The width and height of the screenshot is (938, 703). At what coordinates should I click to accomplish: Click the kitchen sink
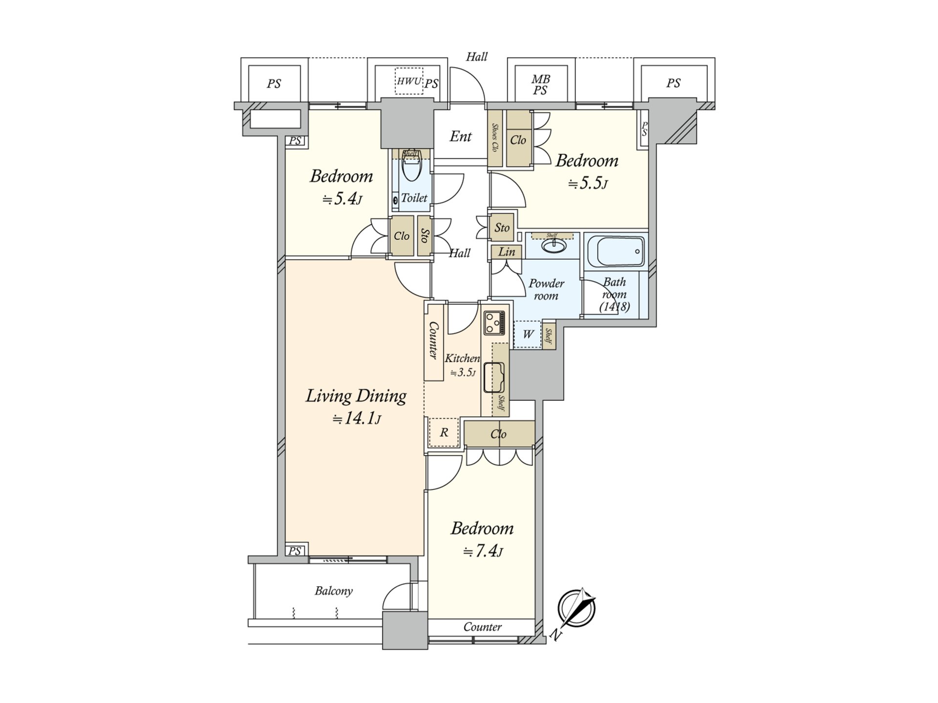493,377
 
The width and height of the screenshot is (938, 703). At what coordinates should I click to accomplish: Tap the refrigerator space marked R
444,433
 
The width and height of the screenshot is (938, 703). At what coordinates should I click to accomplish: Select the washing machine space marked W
528,334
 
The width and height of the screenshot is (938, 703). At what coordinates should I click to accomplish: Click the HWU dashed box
408,81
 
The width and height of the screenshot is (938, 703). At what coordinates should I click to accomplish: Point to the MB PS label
540,84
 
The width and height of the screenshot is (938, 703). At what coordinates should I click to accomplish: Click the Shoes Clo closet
495,138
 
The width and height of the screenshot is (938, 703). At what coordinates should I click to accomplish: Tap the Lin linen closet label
507,252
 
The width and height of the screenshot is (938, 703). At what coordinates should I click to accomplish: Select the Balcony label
334,591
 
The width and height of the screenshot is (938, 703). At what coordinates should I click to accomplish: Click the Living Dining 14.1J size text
356,419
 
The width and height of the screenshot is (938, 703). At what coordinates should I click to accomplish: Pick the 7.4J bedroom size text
482,551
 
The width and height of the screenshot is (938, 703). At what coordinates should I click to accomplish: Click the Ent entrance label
460,137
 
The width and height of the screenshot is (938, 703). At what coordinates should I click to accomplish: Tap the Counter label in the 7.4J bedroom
482,627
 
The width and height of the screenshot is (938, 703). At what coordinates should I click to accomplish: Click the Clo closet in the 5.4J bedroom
402,236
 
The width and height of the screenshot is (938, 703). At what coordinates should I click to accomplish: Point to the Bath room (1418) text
615,294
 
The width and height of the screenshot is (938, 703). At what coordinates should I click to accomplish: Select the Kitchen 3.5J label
461,365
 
